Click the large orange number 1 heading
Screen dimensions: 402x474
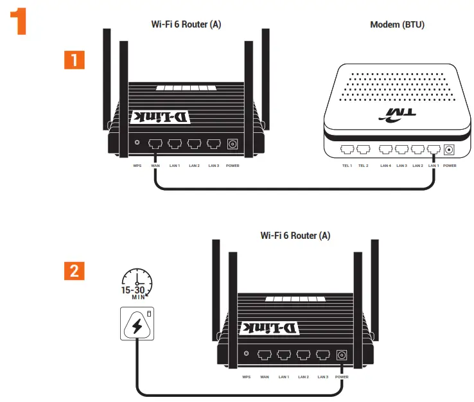[19, 21]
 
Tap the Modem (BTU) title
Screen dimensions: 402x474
[397, 25]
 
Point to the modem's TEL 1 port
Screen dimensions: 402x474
[347, 150]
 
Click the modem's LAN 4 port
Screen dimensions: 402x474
[385, 150]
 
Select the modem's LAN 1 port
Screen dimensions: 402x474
[434, 150]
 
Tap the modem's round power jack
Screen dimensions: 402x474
[449, 150]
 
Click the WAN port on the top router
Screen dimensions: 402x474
[155, 144]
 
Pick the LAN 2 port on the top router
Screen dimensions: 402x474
[194, 144]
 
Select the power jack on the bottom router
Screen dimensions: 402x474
[342, 354]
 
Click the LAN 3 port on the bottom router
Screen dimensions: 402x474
[322, 354]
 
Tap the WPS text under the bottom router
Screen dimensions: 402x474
[246, 376]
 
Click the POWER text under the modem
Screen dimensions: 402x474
[450, 166]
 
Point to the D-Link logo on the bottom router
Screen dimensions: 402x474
[271, 328]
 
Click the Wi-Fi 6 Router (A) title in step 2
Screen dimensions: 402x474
[295, 236]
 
